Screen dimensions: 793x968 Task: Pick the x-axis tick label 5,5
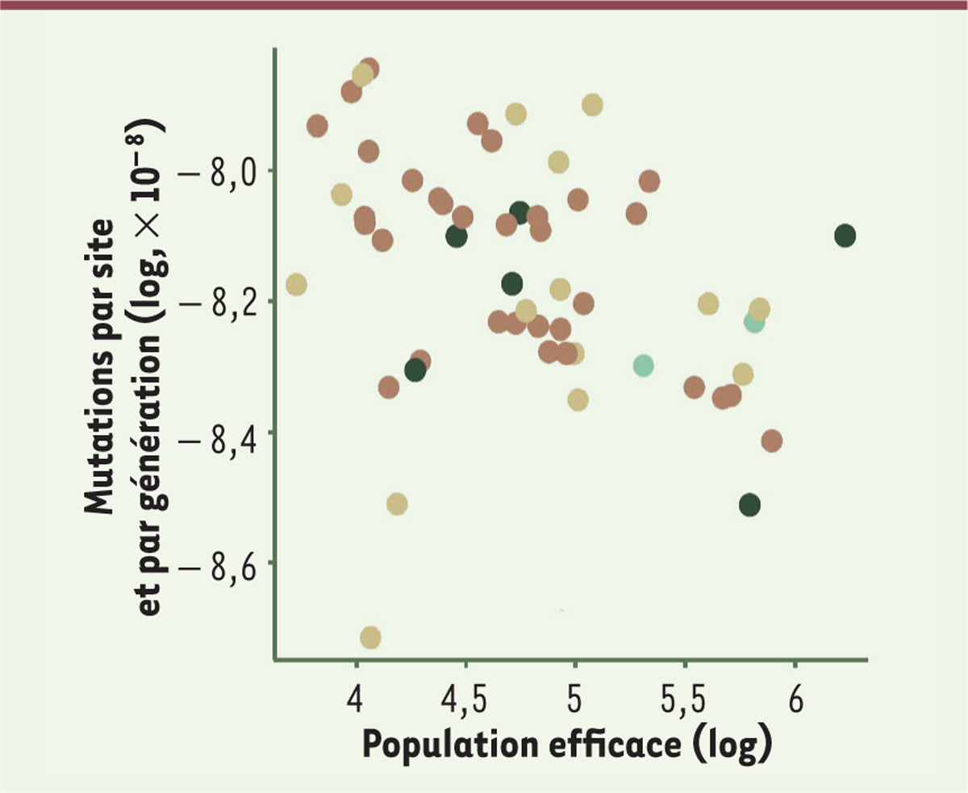coord(684,692)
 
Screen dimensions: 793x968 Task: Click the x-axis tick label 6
coord(795,692)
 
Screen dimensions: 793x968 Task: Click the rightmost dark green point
coord(845,236)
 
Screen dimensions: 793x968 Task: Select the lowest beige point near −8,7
coord(370,637)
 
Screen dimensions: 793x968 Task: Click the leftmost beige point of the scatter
coord(296,285)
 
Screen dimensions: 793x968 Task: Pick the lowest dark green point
coord(750,505)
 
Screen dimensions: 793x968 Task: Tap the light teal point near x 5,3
coord(643,365)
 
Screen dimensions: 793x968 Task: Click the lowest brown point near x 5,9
coord(771,440)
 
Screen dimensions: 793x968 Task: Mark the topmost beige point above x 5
coord(593,105)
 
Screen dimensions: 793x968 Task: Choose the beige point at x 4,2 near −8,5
coord(397,504)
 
